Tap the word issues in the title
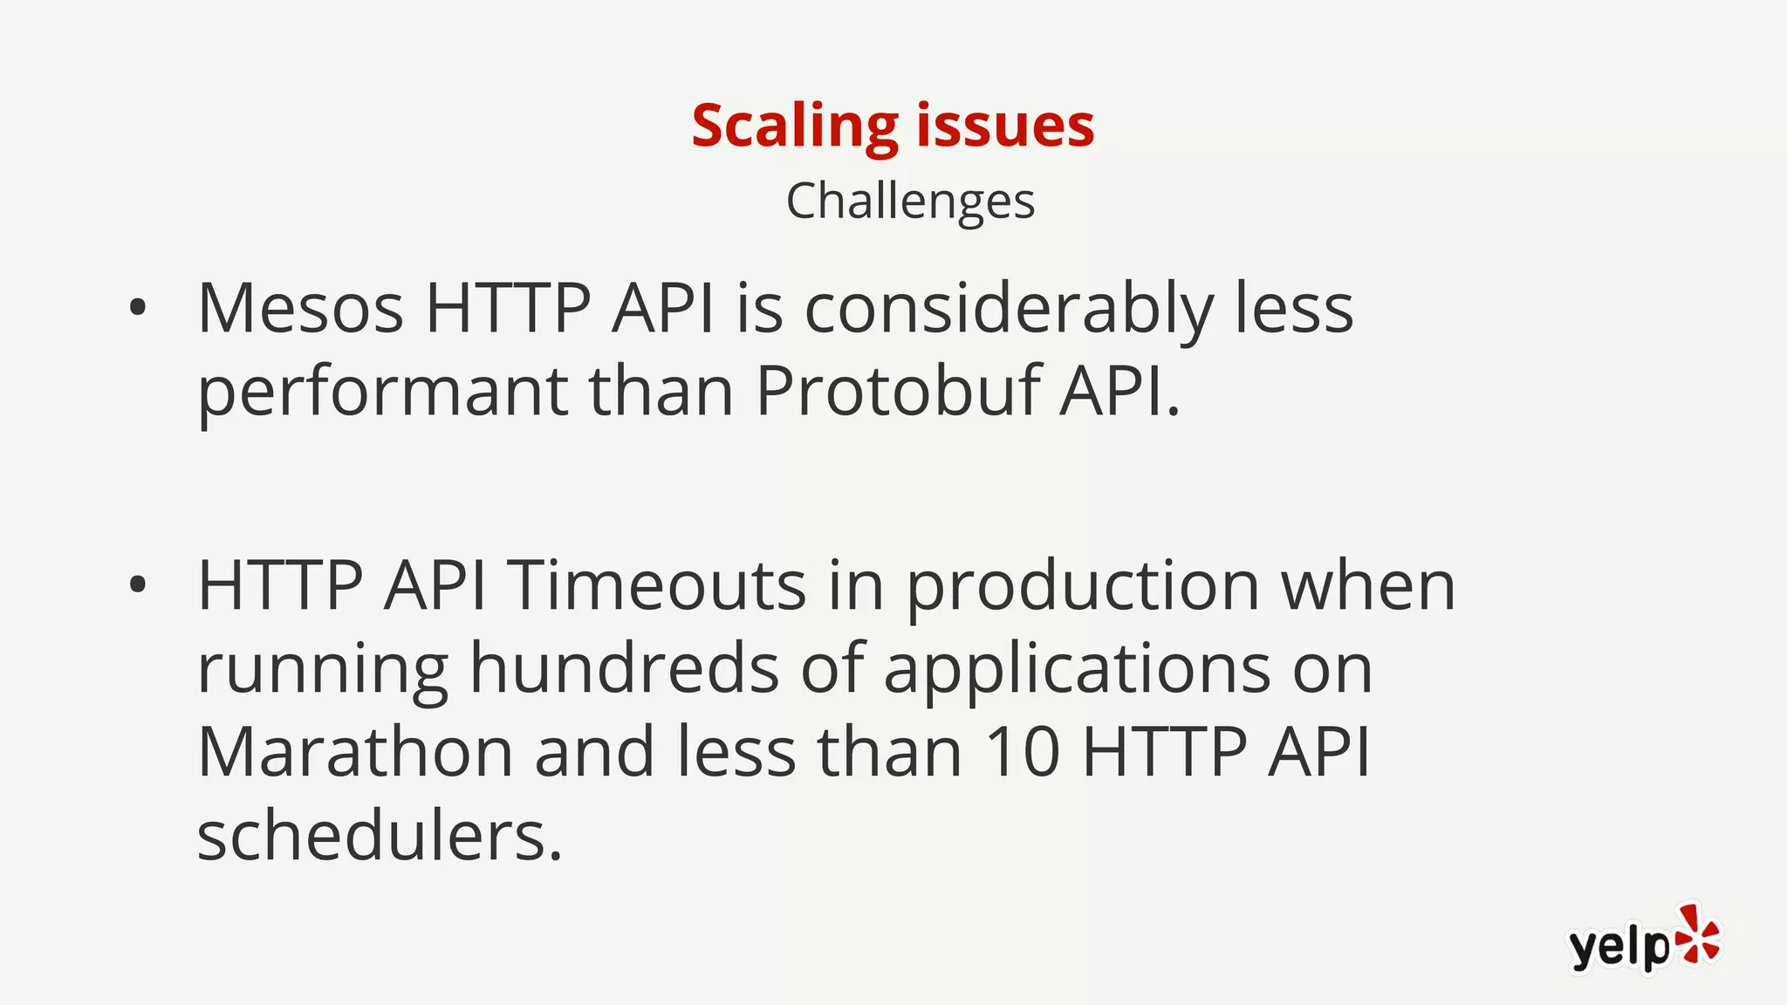(x=1005, y=126)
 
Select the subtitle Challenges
(x=910, y=202)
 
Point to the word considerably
(x=1008, y=310)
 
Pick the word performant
(x=383, y=393)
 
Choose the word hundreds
(x=624, y=668)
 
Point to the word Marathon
(x=355, y=752)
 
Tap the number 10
(x=1022, y=752)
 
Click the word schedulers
(x=380, y=836)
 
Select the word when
(x=1367, y=586)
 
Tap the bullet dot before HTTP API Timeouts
(x=137, y=586)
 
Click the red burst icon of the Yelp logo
(x=1696, y=935)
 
